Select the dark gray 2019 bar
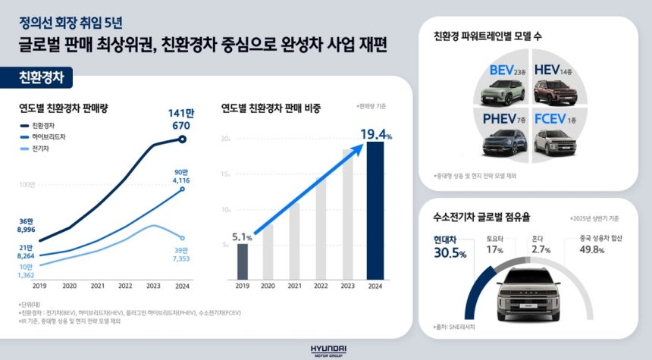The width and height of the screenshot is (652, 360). tap(242, 261)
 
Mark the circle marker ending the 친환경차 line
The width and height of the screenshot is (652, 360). tap(182, 139)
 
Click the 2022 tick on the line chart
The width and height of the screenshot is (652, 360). tap(125, 286)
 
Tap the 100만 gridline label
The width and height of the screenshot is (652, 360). tap(27, 184)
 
